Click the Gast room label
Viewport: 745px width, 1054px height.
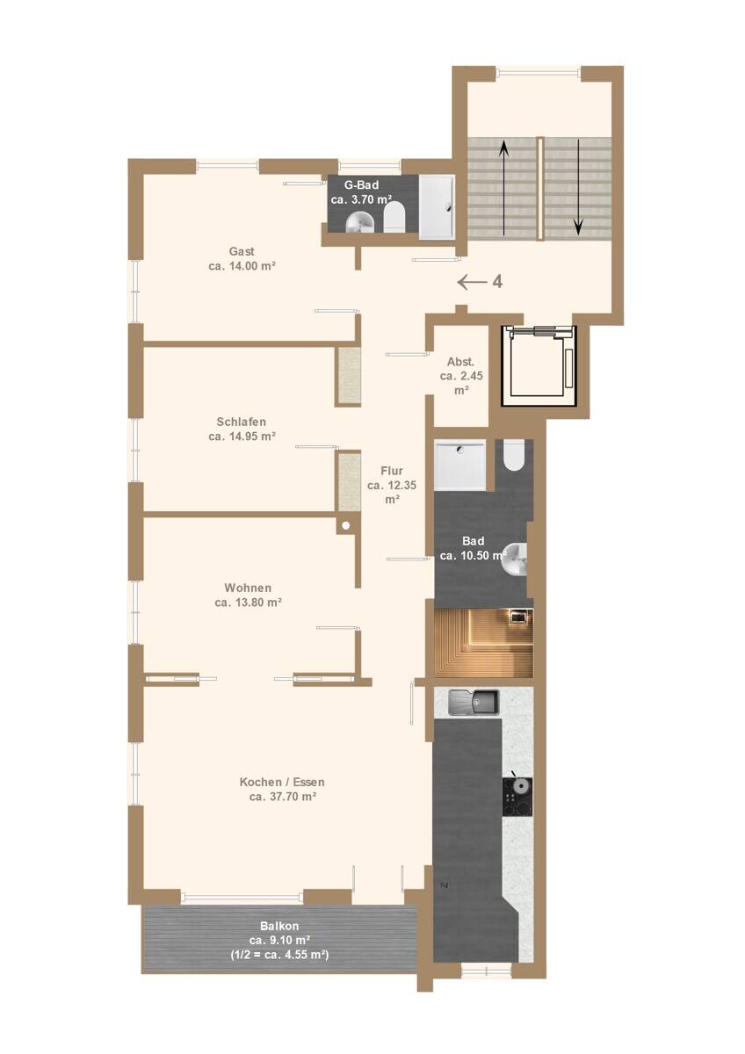click(x=242, y=251)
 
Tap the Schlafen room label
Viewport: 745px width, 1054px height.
click(x=242, y=422)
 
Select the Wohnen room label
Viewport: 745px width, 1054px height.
click(x=248, y=588)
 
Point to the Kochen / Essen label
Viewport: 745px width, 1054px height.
click(x=282, y=782)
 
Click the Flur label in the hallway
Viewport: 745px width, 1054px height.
click(x=392, y=471)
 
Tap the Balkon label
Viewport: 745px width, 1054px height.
click(x=279, y=926)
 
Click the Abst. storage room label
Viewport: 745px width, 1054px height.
click(x=460, y=362)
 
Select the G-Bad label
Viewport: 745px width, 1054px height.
click(x=361, y=185)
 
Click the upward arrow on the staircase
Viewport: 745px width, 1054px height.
click(x=504, y=187)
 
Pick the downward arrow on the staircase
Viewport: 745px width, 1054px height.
click(x=578, y=187)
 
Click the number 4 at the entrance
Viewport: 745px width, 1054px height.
click(x=497, y=282)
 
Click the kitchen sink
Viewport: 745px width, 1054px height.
click(x=473, y=703)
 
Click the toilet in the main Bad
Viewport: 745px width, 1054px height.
click(x=513, y=455)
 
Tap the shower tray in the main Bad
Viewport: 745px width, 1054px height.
click(x=459, y=466)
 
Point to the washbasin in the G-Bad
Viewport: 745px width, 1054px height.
click(x=360, y=221)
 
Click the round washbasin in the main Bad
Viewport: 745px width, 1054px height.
click(x=515, y=559)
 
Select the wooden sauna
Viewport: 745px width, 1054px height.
click(x=483, y=643)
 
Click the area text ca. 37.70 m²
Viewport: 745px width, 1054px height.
click(x=282, y=797)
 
